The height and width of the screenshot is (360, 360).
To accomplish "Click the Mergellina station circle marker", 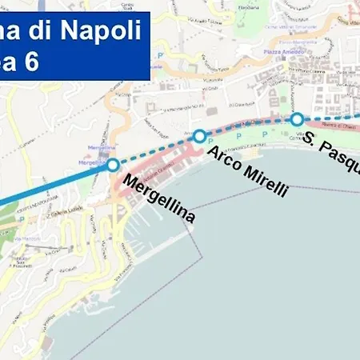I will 113,165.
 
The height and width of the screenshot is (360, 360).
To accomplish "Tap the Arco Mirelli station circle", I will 199,136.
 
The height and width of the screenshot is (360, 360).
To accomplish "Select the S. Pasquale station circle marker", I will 297,119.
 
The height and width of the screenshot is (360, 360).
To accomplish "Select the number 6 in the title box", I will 31,62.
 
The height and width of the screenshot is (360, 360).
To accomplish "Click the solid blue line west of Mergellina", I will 48,187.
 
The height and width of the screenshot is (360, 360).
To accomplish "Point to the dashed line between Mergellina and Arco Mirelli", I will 156,150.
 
